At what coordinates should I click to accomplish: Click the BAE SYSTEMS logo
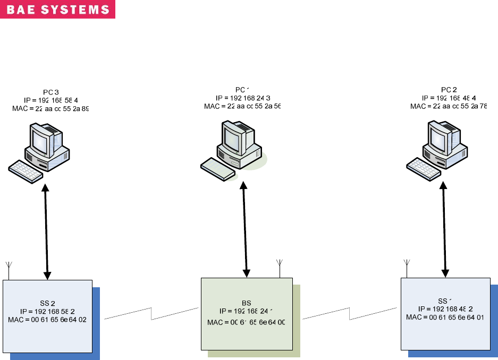[x=57, y=10]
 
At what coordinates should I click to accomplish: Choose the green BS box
[x=247, y=313]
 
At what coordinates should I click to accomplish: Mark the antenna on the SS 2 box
[x=9, y=268]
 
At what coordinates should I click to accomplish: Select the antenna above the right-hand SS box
[x=407, y=267]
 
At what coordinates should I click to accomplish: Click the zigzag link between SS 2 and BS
[x=151, y=313]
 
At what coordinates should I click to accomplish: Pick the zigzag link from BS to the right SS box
[x=350, y=313]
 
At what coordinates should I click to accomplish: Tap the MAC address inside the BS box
[x=246, y=323]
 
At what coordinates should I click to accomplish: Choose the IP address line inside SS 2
[x=47, y=312]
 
